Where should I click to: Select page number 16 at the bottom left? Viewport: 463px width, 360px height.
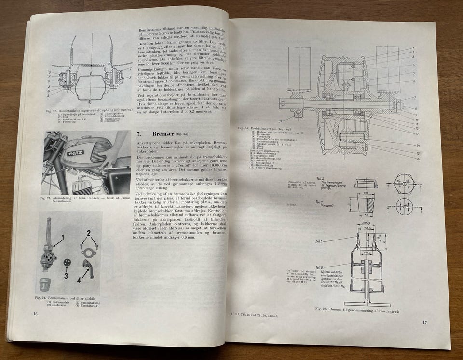click(x=35, y=314)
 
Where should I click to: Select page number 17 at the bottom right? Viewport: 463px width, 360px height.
click(x=424, y=322)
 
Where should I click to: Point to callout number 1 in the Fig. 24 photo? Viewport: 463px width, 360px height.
click(x=62, y=237)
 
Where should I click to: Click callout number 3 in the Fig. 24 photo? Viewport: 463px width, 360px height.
click(x=66, y=276)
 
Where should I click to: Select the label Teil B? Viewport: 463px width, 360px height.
click(x=319, y=203)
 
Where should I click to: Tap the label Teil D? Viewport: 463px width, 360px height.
click(x=319, y=267)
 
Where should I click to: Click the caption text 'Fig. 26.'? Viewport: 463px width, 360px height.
click(x=322, y=308)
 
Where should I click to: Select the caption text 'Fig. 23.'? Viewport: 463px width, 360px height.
click(x=46, y=198)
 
